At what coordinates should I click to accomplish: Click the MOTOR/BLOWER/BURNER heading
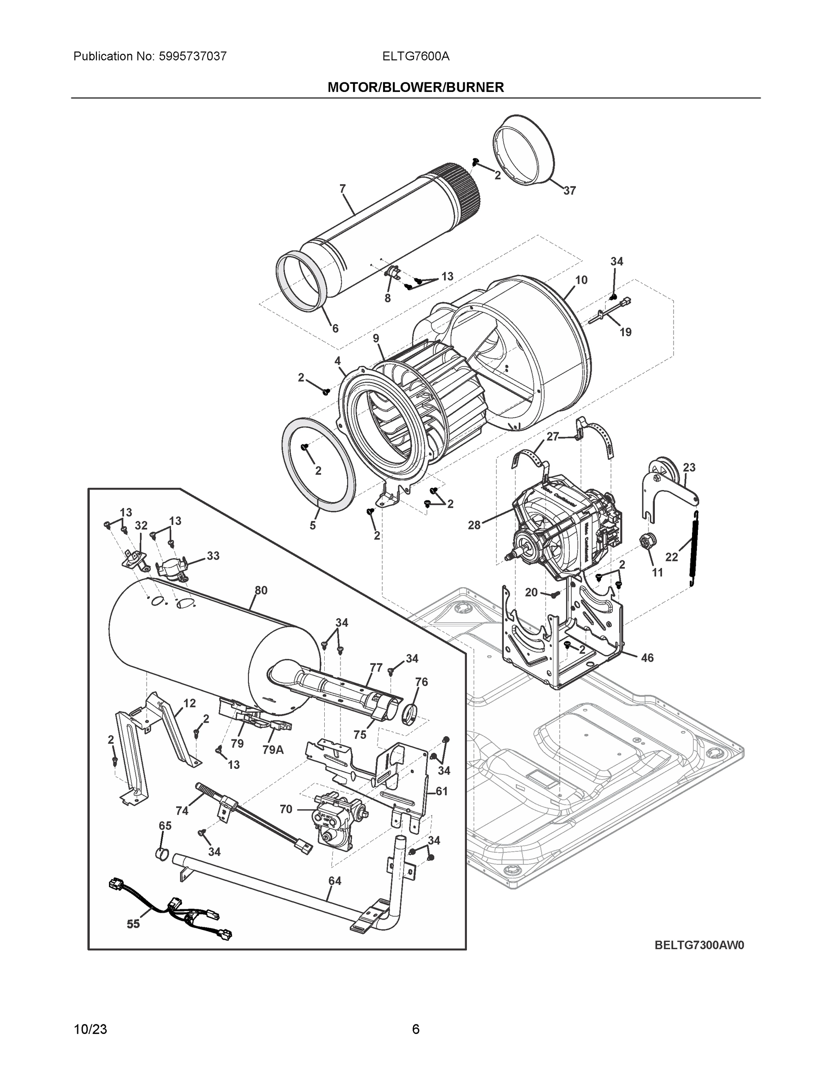coord(415,87)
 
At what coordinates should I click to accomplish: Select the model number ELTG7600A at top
coord(415,56)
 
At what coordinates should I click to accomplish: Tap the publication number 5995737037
coord(193,56)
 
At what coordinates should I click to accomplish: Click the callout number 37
coord(569,191)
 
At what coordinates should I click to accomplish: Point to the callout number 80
coord(261,590)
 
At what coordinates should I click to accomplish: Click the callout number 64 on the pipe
coord(335,881)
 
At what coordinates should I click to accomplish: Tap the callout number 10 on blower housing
coord(581,280)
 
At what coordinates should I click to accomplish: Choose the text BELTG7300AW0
coord(699,945)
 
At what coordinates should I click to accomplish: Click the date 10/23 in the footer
coord(90,1029)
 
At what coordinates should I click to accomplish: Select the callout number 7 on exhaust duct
coord(343,188)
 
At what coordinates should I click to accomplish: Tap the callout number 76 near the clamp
coord(422,682)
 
